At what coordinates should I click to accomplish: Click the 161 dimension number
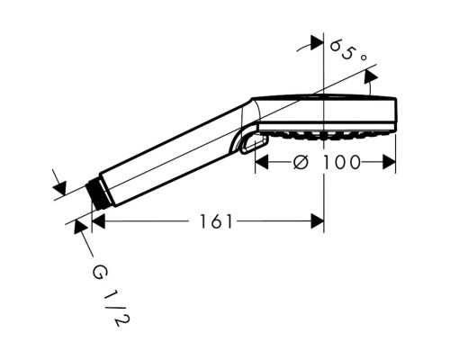pyautogui.click(x=216, y=221)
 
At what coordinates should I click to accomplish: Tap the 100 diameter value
pyautogui.click(x=341, y=162)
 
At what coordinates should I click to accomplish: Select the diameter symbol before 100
pyautogui.click(x=301, y=162)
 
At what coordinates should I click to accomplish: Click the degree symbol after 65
pyautogui.click(x=364, y=57)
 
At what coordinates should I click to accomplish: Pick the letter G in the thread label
pyautogui.click(x=99, y=273)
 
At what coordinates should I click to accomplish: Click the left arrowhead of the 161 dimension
pyautogui.click(x=98, y=221)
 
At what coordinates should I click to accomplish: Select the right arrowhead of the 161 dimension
pyautogui.click(x=318, y=221)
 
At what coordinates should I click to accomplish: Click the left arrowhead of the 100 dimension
pyautogui.click(x=261, y=162)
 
